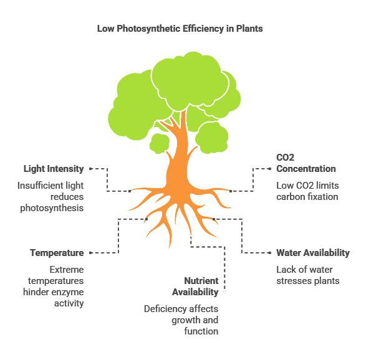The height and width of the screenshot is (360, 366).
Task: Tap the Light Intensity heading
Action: (54, 169)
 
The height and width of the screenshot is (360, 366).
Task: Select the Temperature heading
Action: (57, 253)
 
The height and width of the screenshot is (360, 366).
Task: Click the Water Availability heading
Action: (313, 253)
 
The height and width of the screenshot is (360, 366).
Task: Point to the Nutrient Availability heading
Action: (195, 287)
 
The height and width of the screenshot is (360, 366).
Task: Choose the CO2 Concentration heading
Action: (306, 163)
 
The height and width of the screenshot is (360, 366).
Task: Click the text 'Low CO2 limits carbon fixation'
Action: (307, 191)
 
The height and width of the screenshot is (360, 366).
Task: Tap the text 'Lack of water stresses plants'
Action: (308, 275)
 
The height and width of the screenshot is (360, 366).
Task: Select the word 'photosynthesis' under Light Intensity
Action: (52, 208)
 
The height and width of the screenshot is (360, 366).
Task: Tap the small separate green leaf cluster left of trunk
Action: (160, 143)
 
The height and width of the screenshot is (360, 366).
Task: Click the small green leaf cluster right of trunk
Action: (212, 138)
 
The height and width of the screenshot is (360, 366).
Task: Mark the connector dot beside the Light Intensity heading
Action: (90, 169)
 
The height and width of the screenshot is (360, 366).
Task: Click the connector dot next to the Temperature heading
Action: (90, 253)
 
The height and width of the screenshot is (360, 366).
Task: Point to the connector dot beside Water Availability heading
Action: (270, 253)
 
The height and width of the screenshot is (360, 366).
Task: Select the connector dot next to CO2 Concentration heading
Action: (270, 169)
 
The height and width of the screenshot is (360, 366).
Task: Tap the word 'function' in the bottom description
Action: (201, 331)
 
